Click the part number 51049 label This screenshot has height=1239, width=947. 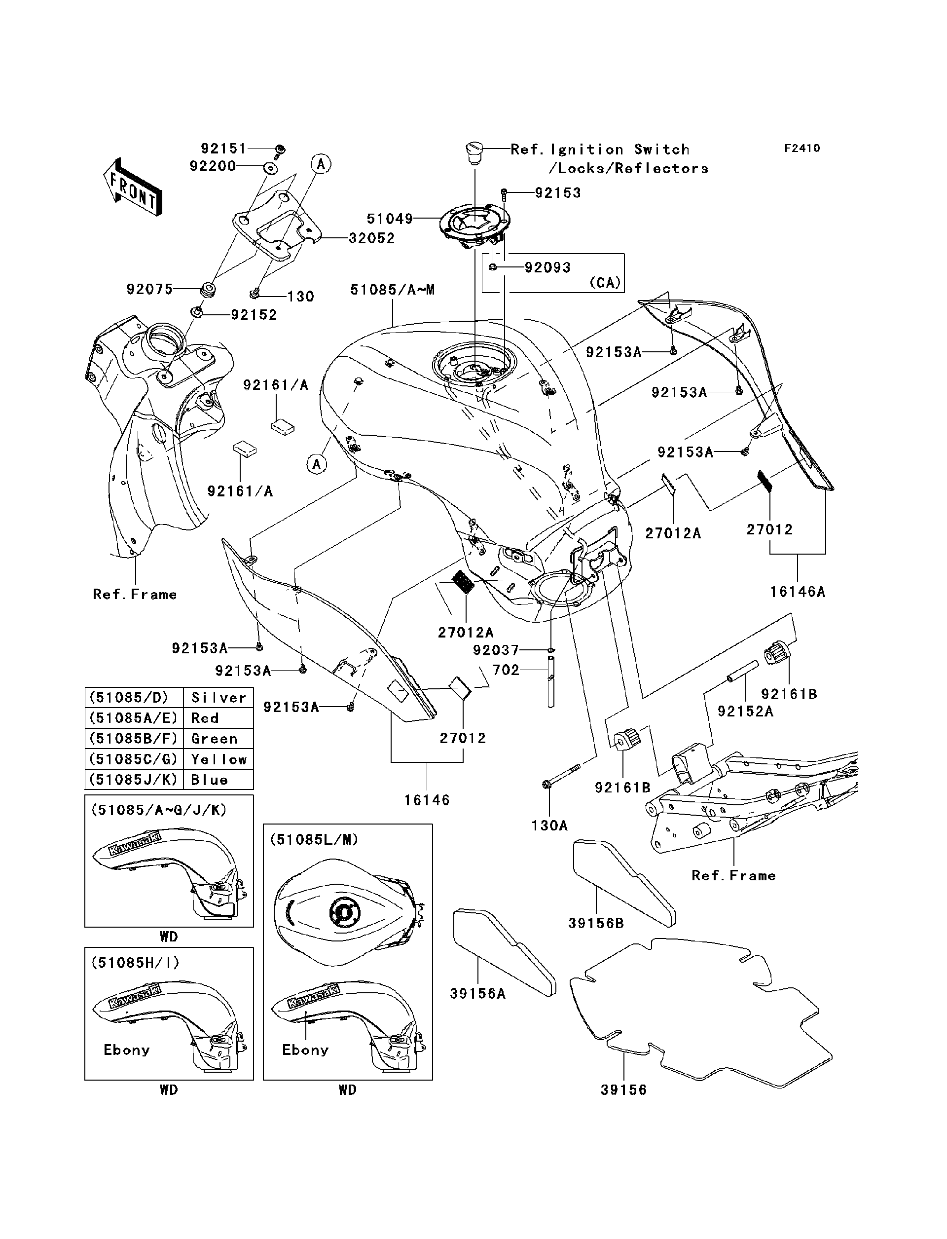pos(390,218)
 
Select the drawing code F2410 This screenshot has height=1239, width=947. pos(801,149)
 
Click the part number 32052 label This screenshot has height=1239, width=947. pos(371,238)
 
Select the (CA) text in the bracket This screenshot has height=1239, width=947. pos(605,283)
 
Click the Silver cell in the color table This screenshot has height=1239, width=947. pos(218,698)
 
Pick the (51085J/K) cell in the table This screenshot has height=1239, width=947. pos(134,780)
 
